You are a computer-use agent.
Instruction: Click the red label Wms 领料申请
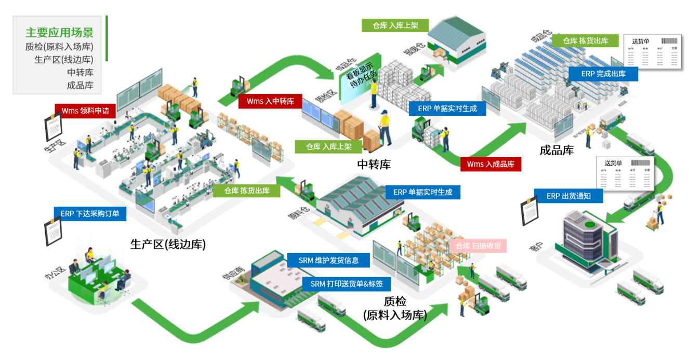click(85, 111)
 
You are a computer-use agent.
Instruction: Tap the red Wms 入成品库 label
click(491, 164)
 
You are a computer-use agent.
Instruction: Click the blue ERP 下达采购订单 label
click(89, 214)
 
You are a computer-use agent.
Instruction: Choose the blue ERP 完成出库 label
click(603, 74)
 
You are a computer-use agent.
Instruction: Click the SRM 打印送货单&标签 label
click(347, 284)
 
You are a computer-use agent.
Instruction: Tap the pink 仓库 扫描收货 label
click(478, 246)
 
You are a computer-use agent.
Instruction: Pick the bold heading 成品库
click(556, 151)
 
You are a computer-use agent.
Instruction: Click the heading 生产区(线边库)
click(168, 244)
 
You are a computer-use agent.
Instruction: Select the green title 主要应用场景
click(60, 33)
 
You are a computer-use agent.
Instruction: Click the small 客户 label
click(536, 247)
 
